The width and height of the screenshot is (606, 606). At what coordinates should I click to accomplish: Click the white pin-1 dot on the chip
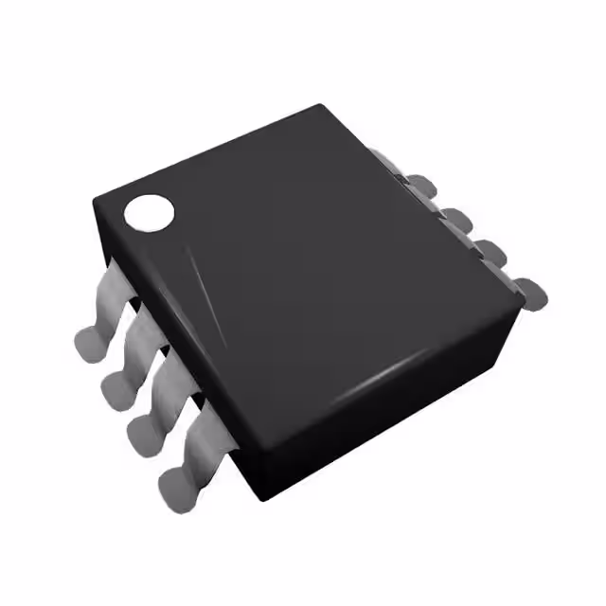[x=150, y=212]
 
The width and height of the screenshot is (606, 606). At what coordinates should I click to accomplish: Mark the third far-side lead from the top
[x=488, y=252]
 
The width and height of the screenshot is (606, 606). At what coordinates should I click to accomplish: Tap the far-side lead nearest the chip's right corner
[x=526, y=288]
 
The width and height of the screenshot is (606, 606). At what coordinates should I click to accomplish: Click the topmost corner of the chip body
[x=322, y=105]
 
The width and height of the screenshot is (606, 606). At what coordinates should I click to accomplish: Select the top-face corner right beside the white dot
[x=95, y=199]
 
